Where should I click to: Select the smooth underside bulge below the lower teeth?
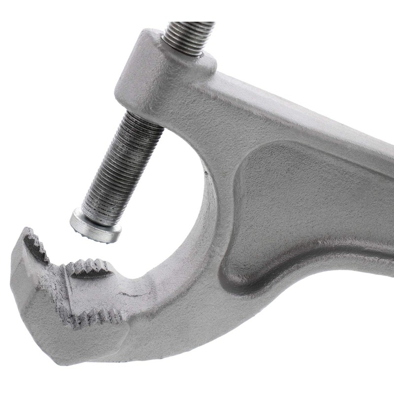(x=98, y=345)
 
